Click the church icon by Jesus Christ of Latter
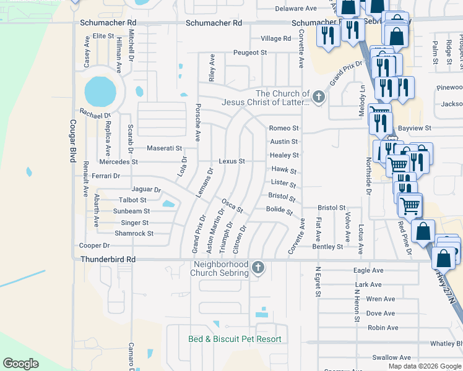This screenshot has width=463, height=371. pyautogui.click(x=318, y=96)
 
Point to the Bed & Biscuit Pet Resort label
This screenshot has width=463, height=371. pyautogui.click(x=235, y=339)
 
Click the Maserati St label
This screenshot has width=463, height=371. pyautogui.click(x=164, y=148)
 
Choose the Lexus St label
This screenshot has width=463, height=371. pyautogui.click(x=232, y=161)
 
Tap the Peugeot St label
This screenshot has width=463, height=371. pyautogui.click(x=249, y=53)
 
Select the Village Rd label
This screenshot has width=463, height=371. pyautogui.click(x=275, y=38)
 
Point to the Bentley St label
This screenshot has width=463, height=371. pyautogui.click(x=327, y=247)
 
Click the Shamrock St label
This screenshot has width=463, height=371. pyautogui.click(x=134, y=234)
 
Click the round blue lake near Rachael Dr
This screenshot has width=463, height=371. pyautogui.click(x=100, y=92)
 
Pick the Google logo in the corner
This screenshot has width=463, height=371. pyautogui.click(x=21, y=364)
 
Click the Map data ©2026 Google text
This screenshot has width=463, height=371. pyautogui.click(x=424, y=366)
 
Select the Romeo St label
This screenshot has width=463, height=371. pyautogui.click(x=283, y=128)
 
